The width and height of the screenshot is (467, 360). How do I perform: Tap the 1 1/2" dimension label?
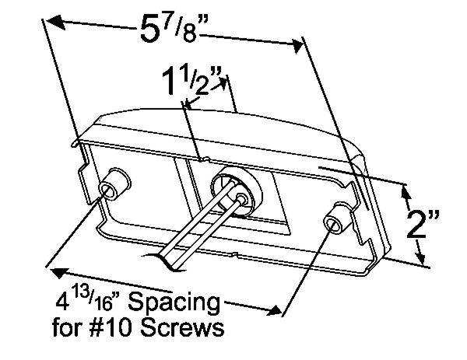coord(191,81)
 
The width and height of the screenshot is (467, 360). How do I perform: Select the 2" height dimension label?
coord(423,224)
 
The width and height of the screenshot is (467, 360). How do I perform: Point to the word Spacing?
coord(174,303)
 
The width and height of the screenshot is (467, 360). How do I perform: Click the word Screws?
coord(181,328)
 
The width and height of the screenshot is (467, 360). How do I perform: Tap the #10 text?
coord(117,328)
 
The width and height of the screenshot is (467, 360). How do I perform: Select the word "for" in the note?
coord(68,328)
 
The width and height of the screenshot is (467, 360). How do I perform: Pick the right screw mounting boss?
coord(339,218)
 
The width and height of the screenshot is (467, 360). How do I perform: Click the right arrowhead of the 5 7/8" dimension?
coord(296,46)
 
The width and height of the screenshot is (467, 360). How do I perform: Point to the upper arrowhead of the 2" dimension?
coord(405,191)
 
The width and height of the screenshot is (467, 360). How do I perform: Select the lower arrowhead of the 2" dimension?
coord(420,257)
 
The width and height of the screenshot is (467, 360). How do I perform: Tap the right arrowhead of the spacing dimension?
coord(273,309)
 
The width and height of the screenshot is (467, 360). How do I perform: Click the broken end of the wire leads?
coord(167,261)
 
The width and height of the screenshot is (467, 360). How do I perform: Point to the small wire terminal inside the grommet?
coord(241,198)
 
